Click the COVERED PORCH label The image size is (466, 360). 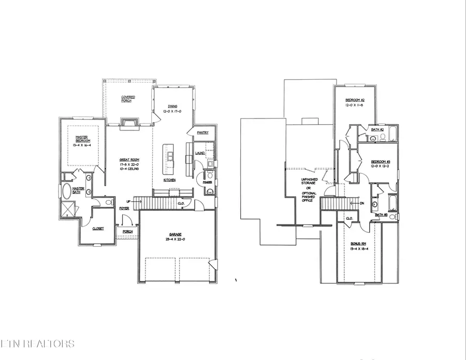click(x=128, y=98)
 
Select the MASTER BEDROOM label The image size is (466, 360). click(x=83, y=139)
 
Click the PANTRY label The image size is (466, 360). click(x=202, y=133)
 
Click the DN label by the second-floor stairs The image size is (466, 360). click(x=362, y=203)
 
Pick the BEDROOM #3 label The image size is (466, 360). click(x=380, y=162)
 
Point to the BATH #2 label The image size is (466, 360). click(x=377, y=129)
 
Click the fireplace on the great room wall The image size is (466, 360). click(x=129, y=123)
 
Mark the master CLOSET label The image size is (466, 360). click(x=98, y=228)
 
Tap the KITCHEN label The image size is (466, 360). click(x=169, y=180)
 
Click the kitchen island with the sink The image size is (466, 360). click(x=169, y=158)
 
